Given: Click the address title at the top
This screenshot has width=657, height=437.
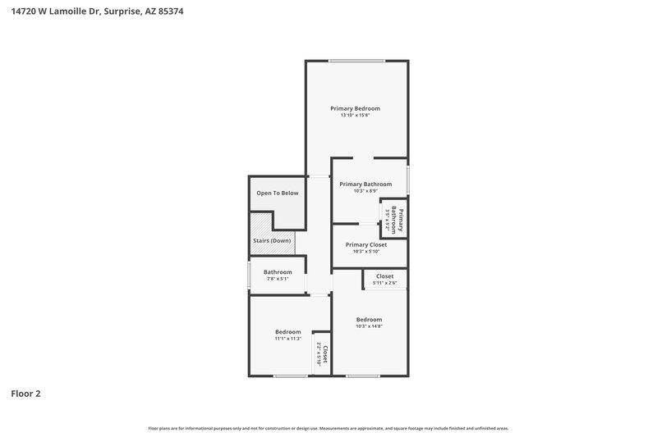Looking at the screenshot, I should coord(91,12).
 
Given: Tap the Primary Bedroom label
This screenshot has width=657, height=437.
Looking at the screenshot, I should coord(355,108).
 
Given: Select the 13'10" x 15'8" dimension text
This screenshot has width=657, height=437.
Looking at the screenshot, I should coord(355,116).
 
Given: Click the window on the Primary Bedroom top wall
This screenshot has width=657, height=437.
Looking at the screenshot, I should coord(356,61).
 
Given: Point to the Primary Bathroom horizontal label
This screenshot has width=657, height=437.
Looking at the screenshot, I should coord(365,184).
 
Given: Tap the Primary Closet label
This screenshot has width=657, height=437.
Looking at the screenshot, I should coord(365,244).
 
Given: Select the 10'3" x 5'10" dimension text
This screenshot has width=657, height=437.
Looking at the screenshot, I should coord(365,252).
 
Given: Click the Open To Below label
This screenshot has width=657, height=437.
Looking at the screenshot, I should coord(277,193).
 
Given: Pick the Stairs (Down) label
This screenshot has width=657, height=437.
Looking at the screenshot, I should coord(271,241).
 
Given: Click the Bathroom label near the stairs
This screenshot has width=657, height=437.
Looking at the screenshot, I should coord(278,272).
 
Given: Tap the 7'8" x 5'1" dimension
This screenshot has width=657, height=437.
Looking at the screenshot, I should coord(278,280).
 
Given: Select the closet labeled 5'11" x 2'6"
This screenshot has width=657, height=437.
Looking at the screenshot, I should coord(385,280).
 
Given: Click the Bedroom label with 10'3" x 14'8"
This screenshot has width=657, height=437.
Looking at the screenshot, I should coord(369,319).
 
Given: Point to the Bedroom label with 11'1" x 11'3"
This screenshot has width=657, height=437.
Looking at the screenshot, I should coord(287,332).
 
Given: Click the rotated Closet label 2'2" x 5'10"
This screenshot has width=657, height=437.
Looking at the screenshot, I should coord(322,354).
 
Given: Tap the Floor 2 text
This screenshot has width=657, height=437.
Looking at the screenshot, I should coord(25,394).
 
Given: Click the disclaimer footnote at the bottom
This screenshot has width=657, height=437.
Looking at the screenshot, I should coord(328,428).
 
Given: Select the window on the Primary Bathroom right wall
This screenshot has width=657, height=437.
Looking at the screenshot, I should coord(408,180).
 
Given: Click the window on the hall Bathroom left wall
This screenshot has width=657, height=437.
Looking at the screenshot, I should coord(250,275).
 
